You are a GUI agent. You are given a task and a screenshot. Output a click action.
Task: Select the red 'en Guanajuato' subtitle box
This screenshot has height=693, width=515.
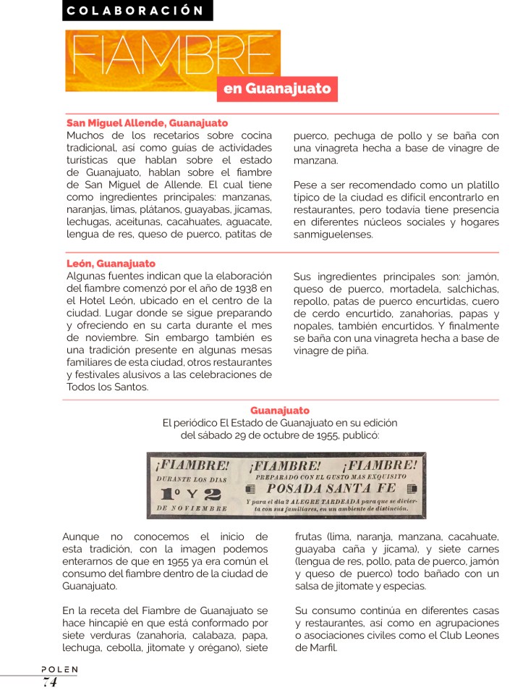[x=276, y=89]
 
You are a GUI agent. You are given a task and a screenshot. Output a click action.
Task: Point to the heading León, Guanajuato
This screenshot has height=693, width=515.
[x=111, y=264]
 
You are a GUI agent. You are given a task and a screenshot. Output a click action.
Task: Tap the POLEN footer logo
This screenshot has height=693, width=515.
[x=59, y=670]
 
